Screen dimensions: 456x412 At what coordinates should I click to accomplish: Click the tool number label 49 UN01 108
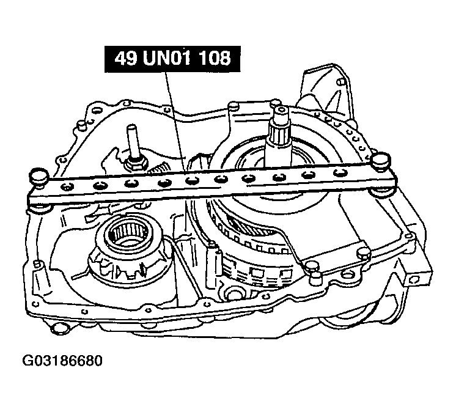point(172,59)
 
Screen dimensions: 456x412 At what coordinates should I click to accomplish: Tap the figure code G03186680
point(62,361)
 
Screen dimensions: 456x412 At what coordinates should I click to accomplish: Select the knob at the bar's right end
point(381,160)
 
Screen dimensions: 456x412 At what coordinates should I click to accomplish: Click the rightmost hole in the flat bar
point(339,173)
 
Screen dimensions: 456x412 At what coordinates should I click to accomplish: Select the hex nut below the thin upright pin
point(136,164)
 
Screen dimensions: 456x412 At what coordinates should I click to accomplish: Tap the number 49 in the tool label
point(125,59)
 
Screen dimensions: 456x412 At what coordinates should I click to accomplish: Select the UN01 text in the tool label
point(167,59)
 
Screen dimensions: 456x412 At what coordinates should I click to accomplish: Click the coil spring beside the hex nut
point(157,169)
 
